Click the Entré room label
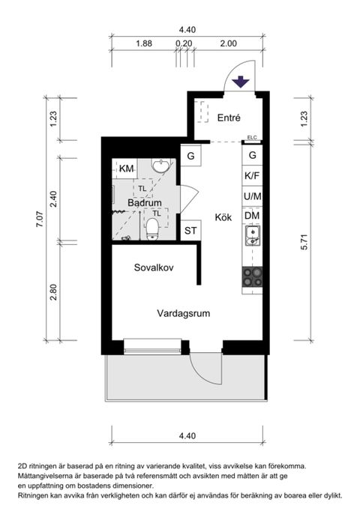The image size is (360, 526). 228,118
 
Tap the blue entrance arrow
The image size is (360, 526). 240,82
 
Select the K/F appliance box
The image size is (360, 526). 252,176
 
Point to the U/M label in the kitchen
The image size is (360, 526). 252,196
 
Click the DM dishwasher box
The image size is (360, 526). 252,217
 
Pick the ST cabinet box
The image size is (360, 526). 191,230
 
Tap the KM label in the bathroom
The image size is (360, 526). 126,169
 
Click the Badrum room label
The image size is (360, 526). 145,203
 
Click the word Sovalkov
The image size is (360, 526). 154,267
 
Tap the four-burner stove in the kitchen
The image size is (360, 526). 253,278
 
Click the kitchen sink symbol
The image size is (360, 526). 253,239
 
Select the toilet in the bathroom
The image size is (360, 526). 153,228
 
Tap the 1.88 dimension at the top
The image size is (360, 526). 144,43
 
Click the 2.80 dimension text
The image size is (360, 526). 53,291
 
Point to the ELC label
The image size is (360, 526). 251,137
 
